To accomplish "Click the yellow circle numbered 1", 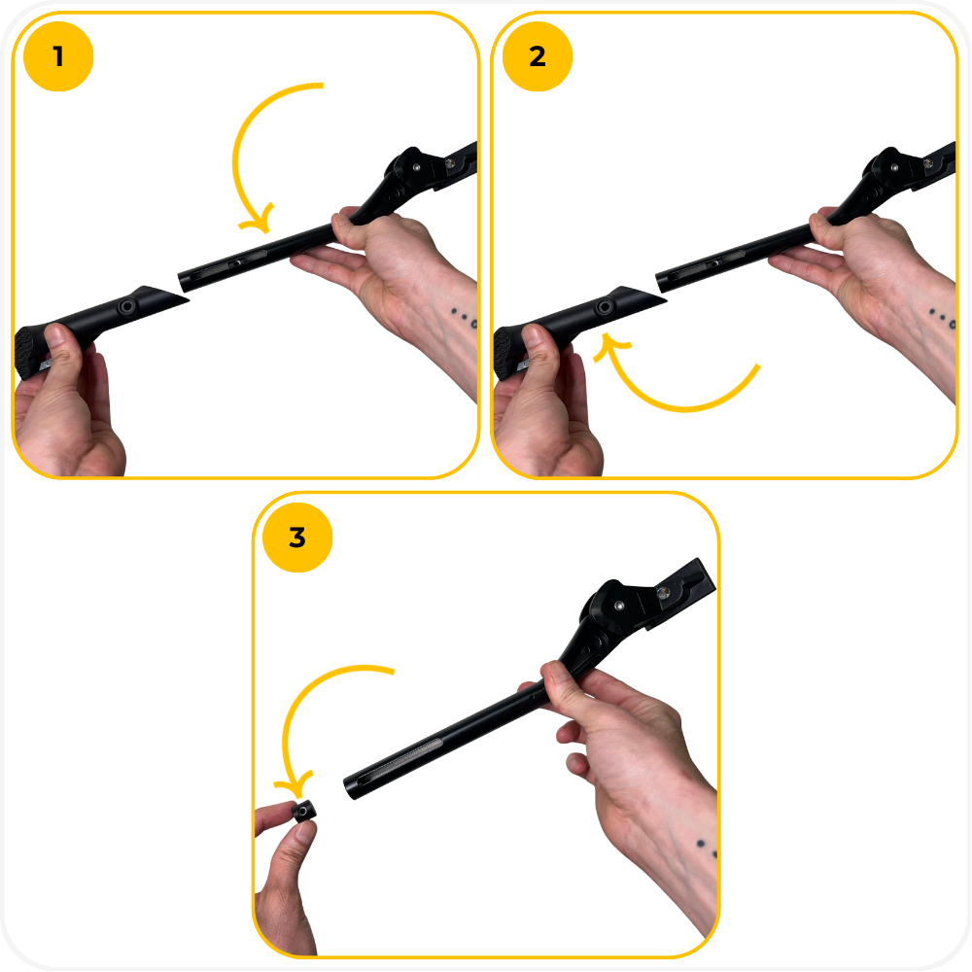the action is click(x=58, y=56).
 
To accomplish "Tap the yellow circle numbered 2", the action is click(x=538, y=56).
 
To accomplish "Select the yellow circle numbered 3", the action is click(x=297, y=538).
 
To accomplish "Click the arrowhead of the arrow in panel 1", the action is click(x=260, y=220).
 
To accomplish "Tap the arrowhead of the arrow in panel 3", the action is click(x=296, y=785).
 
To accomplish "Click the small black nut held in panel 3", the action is click(x=303, y=811).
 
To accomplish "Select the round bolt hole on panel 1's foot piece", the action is click(x=127, y=305).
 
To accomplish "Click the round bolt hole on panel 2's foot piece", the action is click(x=605, y=306).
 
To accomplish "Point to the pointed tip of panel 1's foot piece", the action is click(x=188, y=301).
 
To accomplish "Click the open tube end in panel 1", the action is click(x=183, y=282).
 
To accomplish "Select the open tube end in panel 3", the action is click(x=350, y=788).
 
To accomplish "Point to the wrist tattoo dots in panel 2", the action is click(x=942, y=317).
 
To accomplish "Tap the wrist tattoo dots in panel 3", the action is click(x=707, y=849).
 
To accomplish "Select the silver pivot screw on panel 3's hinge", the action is click(x=618, y=605).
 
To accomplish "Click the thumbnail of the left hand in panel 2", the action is click(x=532, y=337).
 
